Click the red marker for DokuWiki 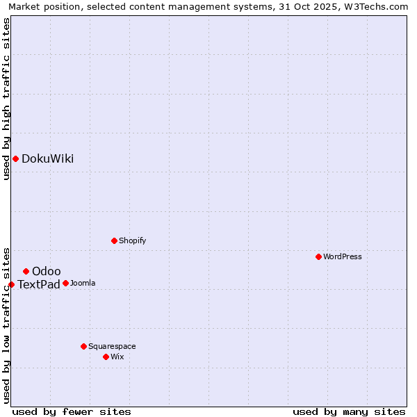(15, 158)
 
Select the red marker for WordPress (318, 256)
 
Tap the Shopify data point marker (114, 240)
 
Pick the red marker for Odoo (26, 271)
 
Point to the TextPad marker (11, 284)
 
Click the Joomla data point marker (65, 283)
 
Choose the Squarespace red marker (83, 346)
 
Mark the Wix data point (106, 357)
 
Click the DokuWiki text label (47, 158)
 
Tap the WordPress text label (343, 256)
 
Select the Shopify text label (132, 240)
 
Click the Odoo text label (47, 271)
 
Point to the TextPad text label (39, 284)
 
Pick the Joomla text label (83, 283)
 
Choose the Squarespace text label (112, 346)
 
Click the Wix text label (117, 357)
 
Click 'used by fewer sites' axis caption (72, 411)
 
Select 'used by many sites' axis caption (349, 411)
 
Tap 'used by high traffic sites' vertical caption (6, 99)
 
